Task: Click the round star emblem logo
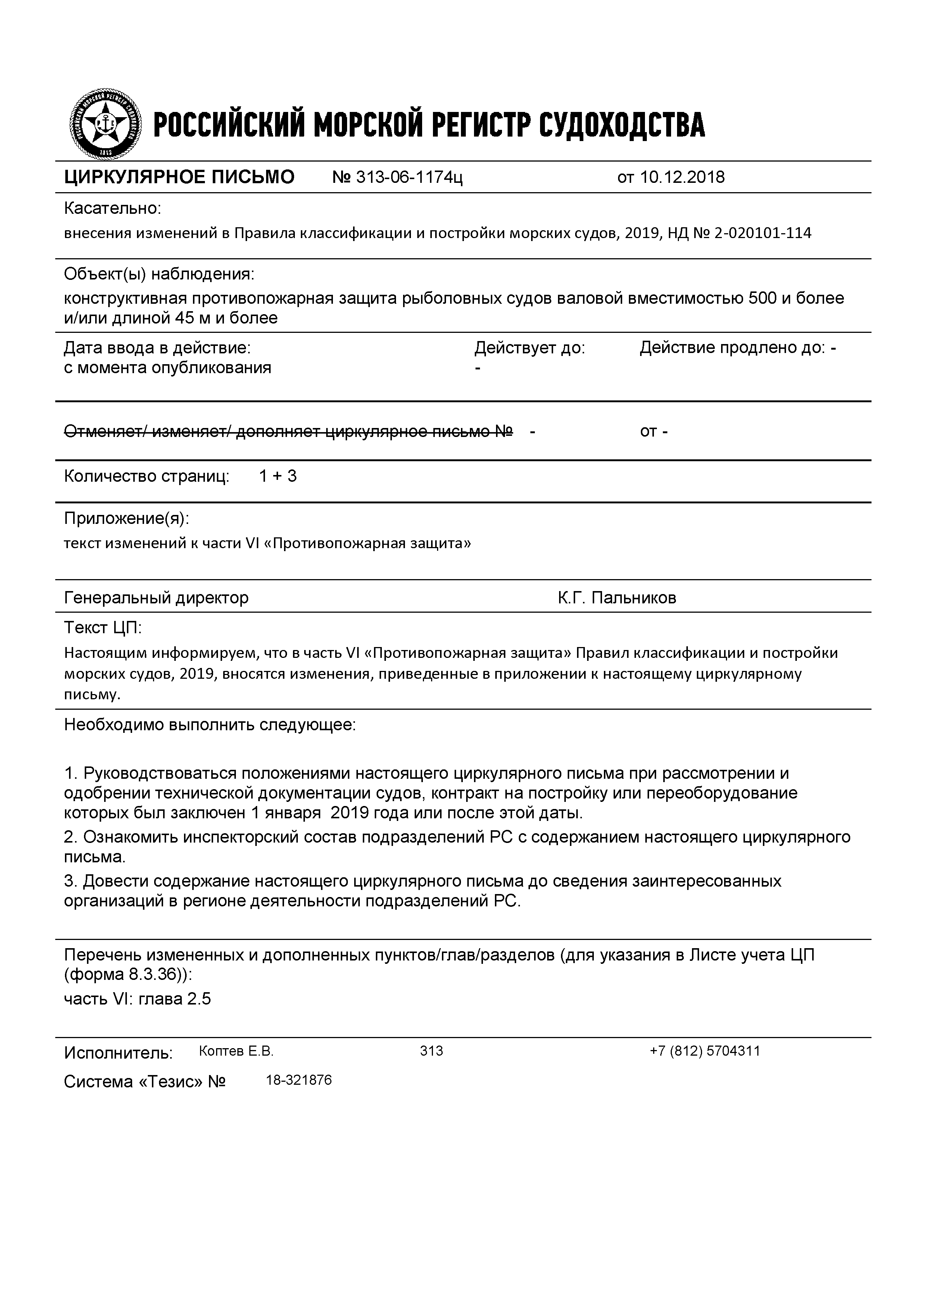pos(106,124)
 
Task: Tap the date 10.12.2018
pos(682,177)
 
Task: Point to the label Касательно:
pos(113,209)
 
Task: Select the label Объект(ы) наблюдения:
pos(159,274)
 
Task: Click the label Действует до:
pos(530,348)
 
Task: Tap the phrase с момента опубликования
pos(167,368)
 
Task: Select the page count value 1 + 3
pos(278,476)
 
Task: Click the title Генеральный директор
pos(156,597)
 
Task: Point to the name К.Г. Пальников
pos(617,597)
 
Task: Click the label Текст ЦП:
pos(103,628)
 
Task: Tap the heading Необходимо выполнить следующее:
pos(210,725)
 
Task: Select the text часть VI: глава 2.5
pos(137,999)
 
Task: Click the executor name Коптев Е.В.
pos(236,1051)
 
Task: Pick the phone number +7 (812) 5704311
pos(704,1051)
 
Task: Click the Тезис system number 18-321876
pos(299,1080)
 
